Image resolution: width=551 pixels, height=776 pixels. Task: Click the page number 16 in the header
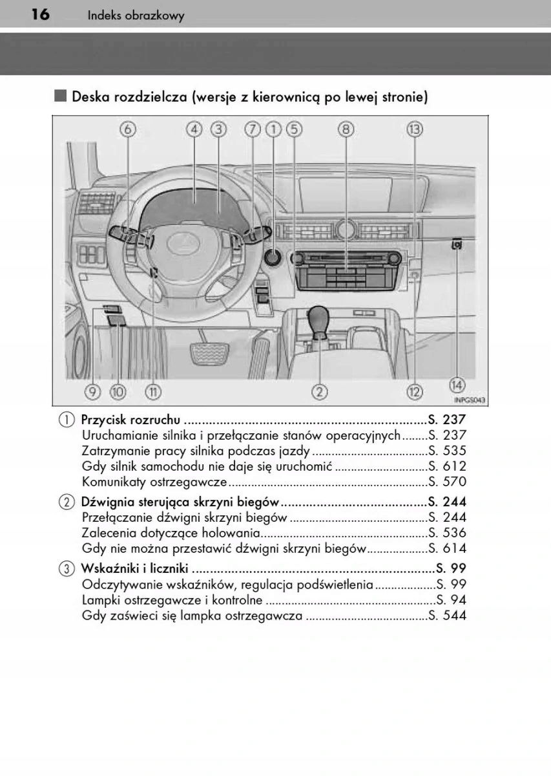click(39, 15)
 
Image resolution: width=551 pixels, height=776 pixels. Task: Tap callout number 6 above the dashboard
click(128, 129)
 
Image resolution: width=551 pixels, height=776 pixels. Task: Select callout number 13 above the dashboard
click(414, 129)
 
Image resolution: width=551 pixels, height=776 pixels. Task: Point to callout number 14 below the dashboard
click(457, 385)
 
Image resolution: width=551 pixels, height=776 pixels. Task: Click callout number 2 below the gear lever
click(319, 391)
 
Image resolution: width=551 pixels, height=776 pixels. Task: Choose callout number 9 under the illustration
click(92, 391)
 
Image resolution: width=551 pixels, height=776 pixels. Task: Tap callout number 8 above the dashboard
click(346, 129)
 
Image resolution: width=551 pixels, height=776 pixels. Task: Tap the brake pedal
click(207, 354)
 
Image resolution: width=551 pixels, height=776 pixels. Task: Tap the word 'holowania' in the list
click(233, 533)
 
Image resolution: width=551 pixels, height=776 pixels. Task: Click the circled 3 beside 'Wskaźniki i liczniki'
click(67, 569)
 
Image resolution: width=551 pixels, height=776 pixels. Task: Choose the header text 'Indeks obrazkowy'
click(136, 16)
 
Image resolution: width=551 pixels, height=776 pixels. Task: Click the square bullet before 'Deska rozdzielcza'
click(61, 97)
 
